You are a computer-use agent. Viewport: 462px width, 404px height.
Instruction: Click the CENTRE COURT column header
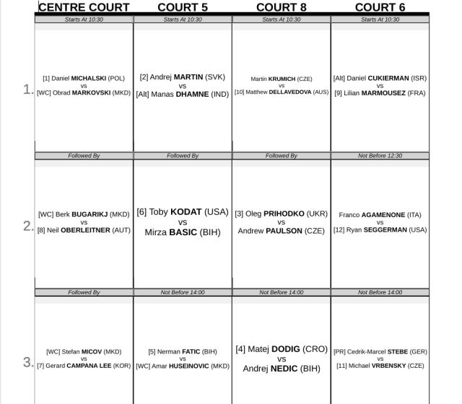pyautogui.click(x=84, y=7)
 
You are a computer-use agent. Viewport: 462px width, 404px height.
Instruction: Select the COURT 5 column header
pyautogui.click(x=183, y=7)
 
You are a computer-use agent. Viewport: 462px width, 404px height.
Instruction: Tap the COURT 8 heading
pyautogui.click(x=282, y=7)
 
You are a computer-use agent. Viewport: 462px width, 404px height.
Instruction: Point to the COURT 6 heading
pyautogui.click(x=380, y=7)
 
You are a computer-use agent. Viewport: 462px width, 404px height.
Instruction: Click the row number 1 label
pyautogui.click(x=27, y=89)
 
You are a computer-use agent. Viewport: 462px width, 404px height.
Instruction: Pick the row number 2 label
pyautogui.click(x=27, y=225)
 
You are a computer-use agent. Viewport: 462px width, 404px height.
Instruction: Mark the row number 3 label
pyautogui.click(x=27, y=361)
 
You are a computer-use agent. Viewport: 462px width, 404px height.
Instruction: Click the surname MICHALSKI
pyautogui.click(x=89, y=78)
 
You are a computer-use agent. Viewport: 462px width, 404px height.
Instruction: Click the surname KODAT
pyautogui.click(x=186, y=212)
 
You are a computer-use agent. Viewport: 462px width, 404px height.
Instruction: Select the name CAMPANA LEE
pyautogui.click(x=87, y=366)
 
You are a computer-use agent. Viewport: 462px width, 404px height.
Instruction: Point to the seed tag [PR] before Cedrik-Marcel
pyautogui.click(x=341, y=351)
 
